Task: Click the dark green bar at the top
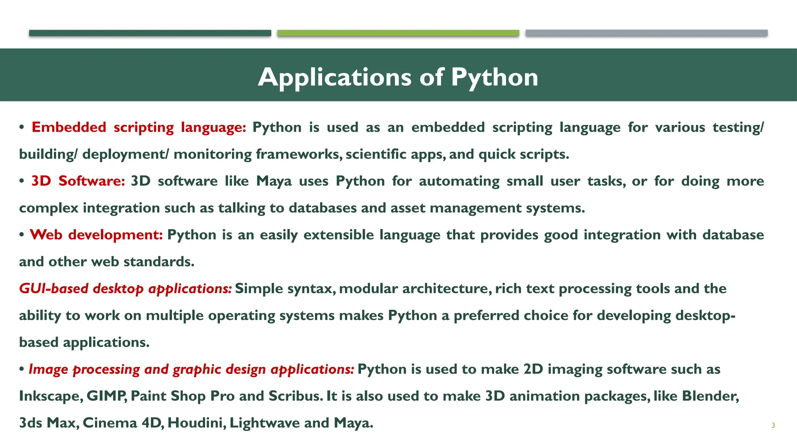coord(150,33)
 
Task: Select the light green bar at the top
coord(398,33)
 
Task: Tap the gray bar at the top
coord(646,33)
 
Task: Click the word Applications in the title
coord(334,77)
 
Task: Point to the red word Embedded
coord(69,127)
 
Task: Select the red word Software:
coord(91,181)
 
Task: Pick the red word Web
coord(46,234)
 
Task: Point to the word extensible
coord(339,234)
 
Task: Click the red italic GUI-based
coord(54,289)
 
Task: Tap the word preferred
coord(486,315)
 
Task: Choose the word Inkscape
coord(51,396)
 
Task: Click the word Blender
coord(710,396)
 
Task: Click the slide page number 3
coord(773,425)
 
